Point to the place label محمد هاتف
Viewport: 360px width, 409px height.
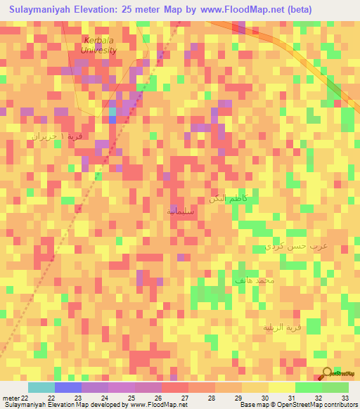[255, 280]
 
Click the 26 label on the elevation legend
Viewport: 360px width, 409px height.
[157, 397]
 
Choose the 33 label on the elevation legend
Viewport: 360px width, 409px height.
[344, 397]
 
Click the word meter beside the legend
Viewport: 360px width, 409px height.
[11, 397]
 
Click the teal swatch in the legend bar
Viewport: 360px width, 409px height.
[41, 387]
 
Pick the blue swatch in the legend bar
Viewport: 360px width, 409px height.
[68, 387]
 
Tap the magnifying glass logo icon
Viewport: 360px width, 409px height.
[326, 373]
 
